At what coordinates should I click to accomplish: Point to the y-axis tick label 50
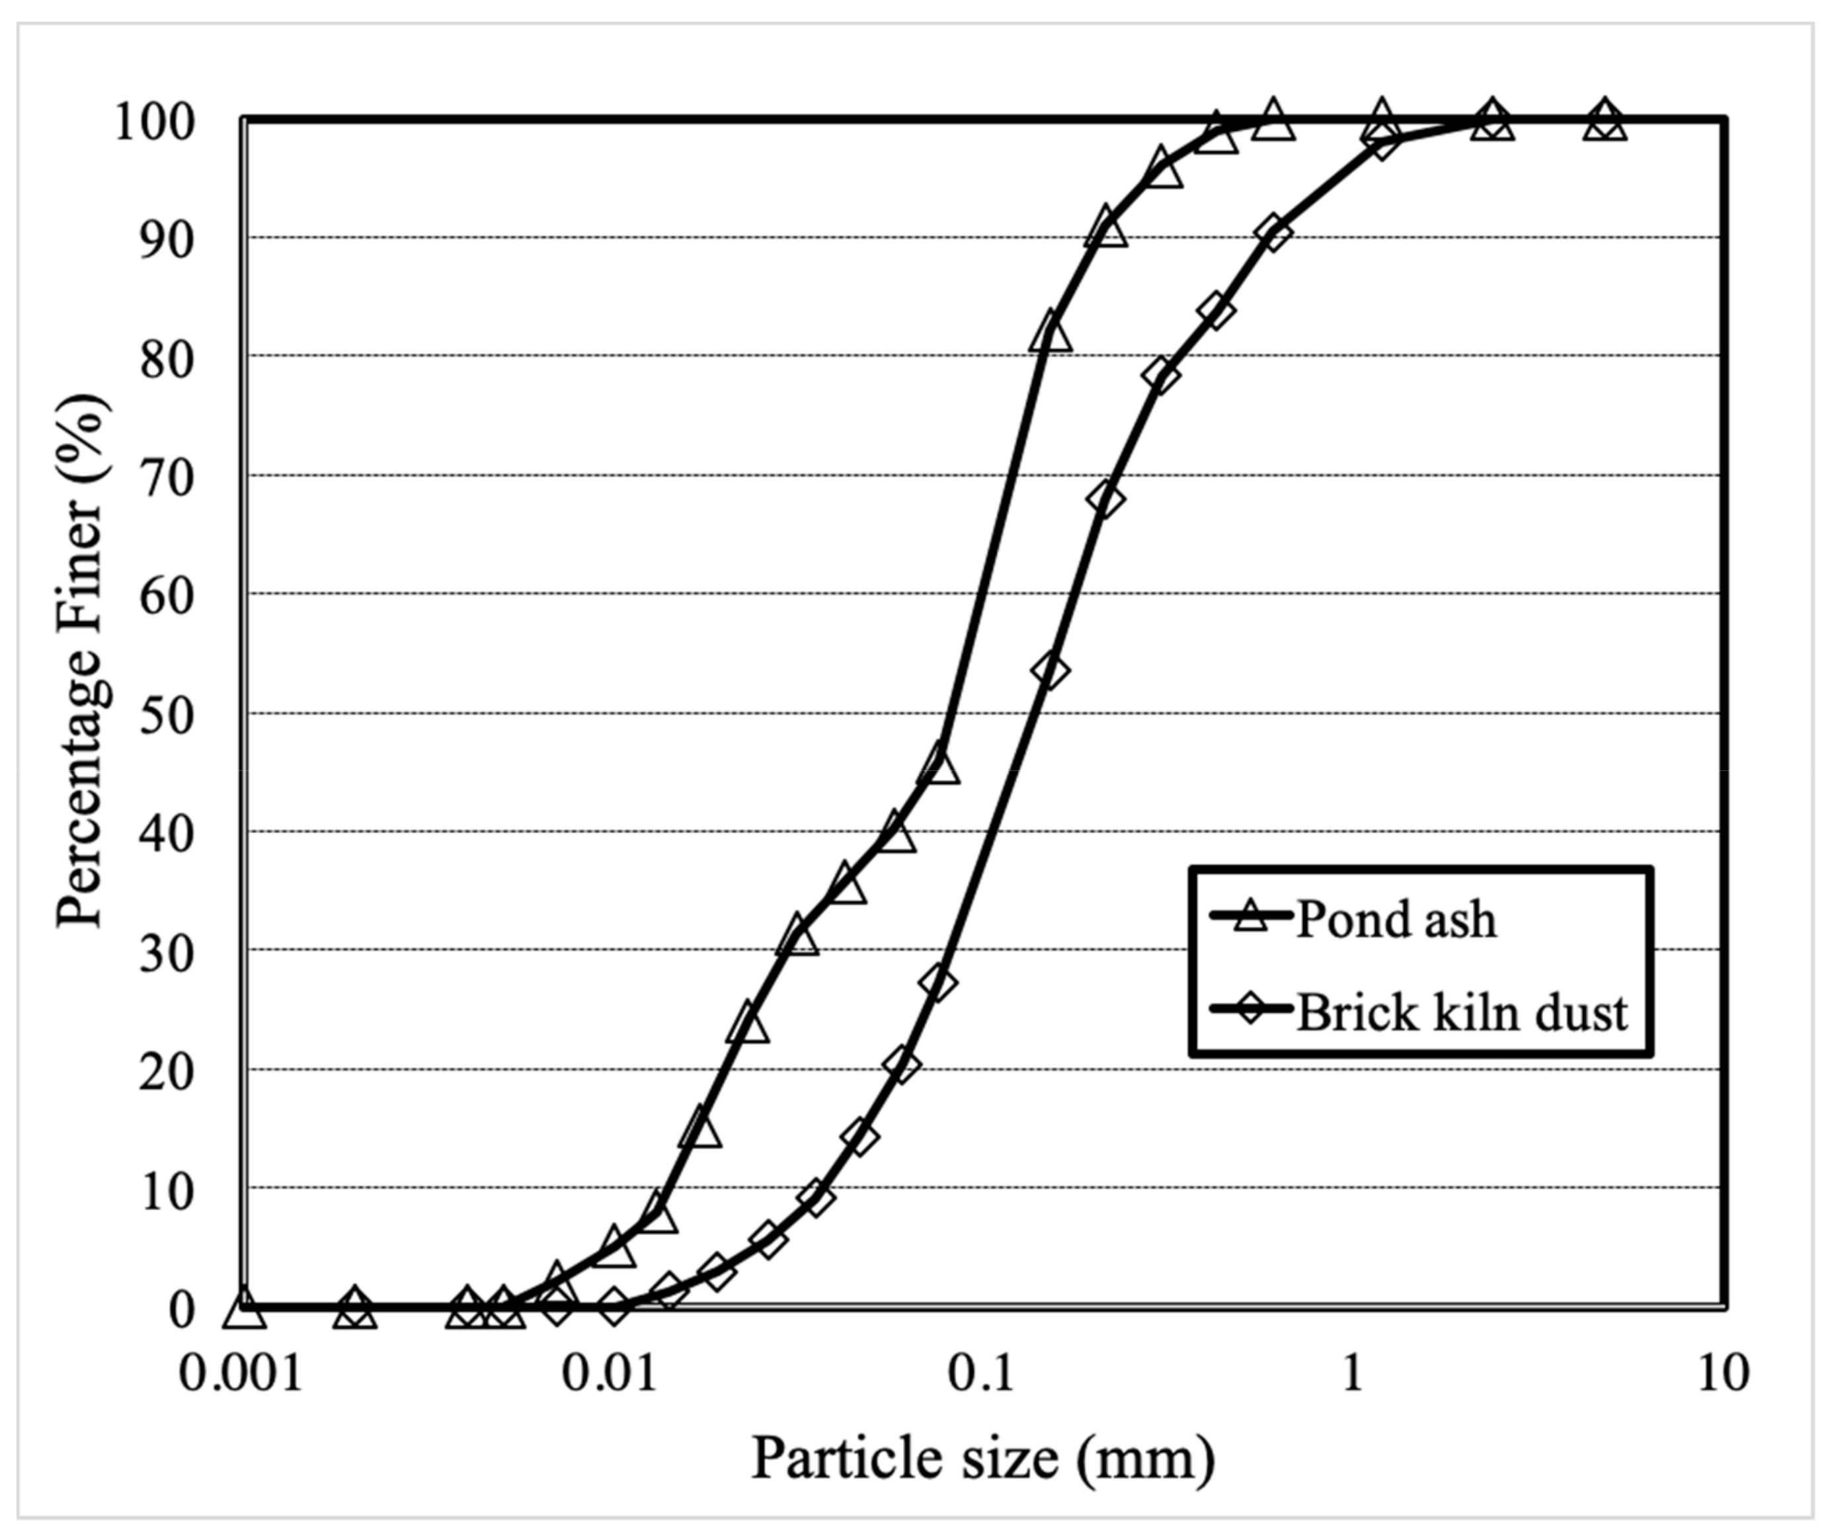pyautogui.click(x=167, y=717)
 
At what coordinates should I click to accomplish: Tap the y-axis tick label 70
pyautogui.click(x=167, y=479)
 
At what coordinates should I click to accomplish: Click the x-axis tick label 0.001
pyautogui.click(x=241, y=1373)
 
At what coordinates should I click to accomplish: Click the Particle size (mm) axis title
pyautogui.click(x=983, y=1458)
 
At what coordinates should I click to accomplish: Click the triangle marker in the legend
pyautogui.click(x=1253, y=915)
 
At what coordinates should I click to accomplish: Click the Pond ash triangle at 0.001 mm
pyautogui.click(x=244, y=1309)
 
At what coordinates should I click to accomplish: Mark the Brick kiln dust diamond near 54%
pyautogui.click(x=1050, y=670)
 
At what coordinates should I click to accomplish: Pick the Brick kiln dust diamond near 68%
pyautogui.click(x=1105, y=499)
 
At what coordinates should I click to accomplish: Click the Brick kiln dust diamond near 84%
pyautogui.click(x=1216, y=311)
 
